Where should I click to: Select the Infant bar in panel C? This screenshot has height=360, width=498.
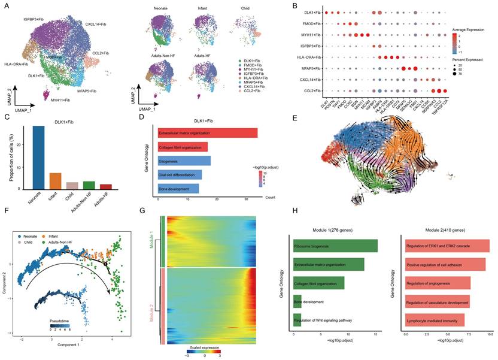click(x=55, y=180)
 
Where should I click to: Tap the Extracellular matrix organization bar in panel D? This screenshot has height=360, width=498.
click(x=207, y=133)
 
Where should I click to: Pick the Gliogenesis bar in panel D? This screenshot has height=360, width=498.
click(x=184, y=161)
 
